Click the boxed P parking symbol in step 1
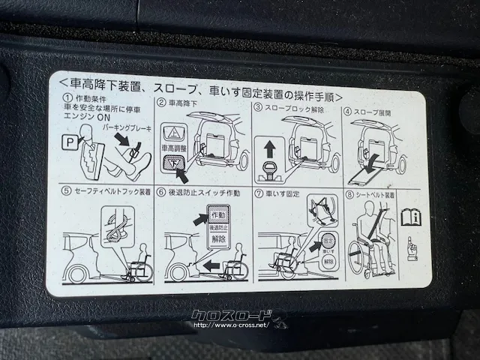[69, 141]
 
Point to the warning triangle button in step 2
[172, 132]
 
